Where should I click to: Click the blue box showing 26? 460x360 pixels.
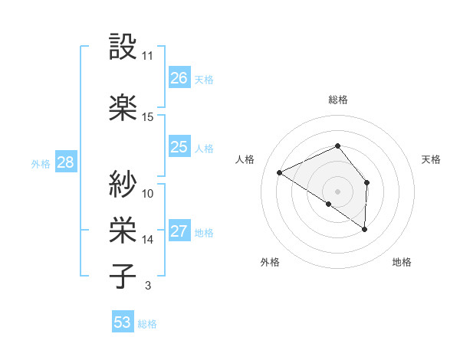coord(179,78)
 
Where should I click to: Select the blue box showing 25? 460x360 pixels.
coord(179,147)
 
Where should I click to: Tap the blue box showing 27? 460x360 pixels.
coord(179,232)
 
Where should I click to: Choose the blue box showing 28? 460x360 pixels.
coord(65,162)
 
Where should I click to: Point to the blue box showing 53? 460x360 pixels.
coord(123,322)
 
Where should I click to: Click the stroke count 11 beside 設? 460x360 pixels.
coord(147,56)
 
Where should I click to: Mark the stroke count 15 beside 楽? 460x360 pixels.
coord(147,116)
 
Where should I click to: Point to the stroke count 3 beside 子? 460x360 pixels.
coord(147,286)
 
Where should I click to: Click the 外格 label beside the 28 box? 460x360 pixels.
coord(40,163)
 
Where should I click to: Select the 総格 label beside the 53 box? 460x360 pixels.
coord(147,324)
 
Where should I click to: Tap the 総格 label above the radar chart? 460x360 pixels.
coord(338,100)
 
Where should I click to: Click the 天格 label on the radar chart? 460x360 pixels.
coord(431,159)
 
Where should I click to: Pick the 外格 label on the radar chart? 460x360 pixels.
coord(270,263)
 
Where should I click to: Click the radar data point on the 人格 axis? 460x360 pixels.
coord(280,173)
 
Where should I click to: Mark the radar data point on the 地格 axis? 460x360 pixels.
coord(365,229)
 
